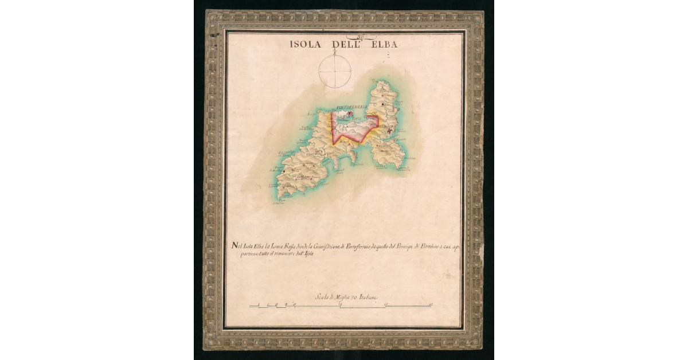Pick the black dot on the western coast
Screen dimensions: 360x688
(x=284, y=170)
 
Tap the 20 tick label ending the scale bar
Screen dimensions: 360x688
(x=431, y=305)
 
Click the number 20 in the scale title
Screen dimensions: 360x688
(x=355, y=297)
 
